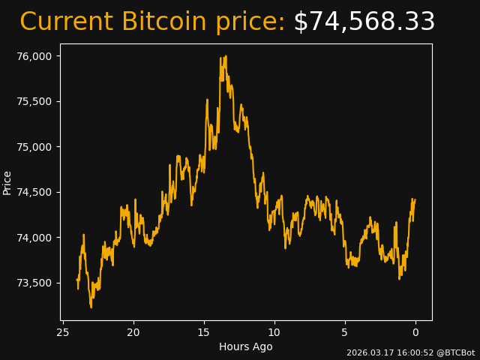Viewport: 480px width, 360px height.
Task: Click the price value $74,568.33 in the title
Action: (364, 22)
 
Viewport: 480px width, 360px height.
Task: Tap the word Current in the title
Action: (67, 22)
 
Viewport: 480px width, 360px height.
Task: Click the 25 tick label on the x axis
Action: (63, 332)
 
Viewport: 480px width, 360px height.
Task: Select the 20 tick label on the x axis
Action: (133, 332)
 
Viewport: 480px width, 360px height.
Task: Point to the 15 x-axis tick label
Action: (204, 332)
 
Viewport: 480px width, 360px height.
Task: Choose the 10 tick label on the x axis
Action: (274, 332)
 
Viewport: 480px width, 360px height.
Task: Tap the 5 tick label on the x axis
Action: (345, 332)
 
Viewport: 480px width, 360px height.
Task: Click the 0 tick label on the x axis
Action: (415, 332)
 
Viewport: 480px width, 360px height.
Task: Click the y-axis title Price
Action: (7, 182)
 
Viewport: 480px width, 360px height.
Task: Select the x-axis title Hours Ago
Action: (246, 346)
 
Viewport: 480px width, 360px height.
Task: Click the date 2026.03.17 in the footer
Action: (369, 352)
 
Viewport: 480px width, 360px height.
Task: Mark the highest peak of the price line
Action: (221, 57)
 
